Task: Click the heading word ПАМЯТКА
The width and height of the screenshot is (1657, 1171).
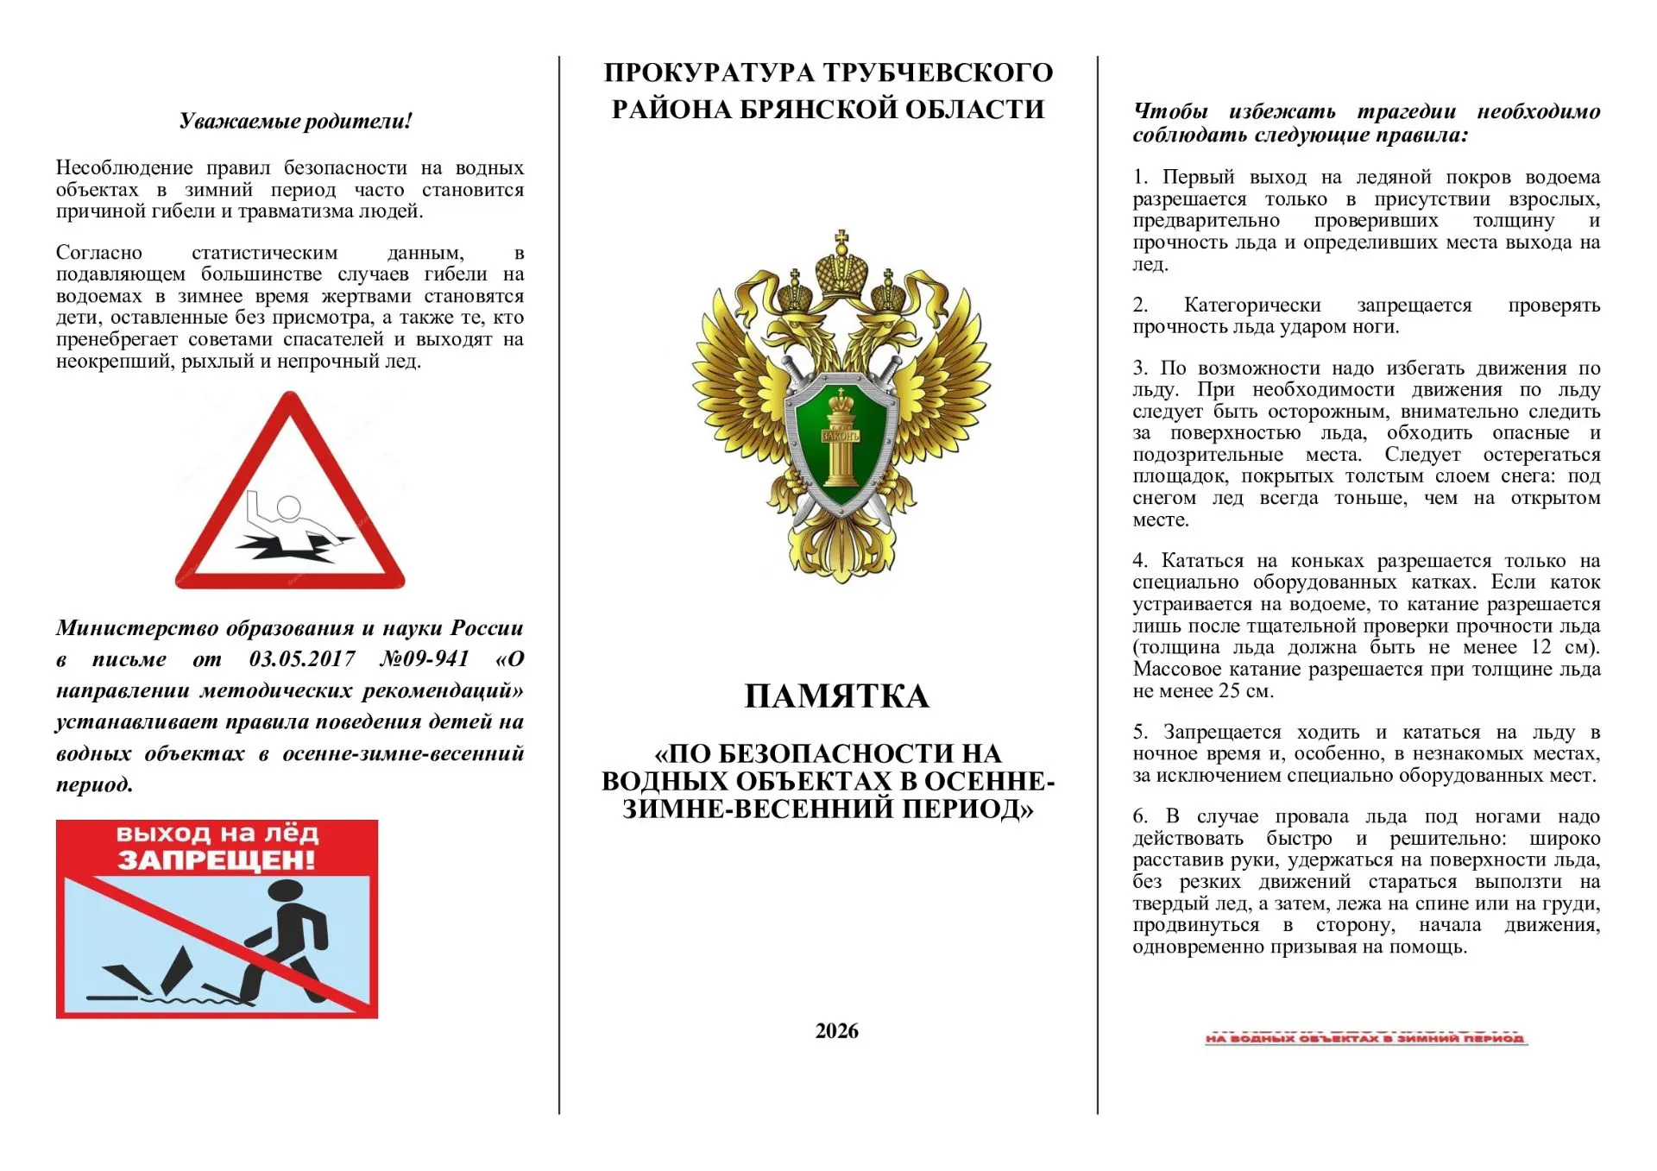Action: pyautogui.click(x=836, y=696)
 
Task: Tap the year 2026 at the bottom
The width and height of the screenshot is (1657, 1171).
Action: pyautogui.click(x=836, y=1030)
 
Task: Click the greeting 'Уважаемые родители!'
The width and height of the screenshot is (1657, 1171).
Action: pyautogui.click(x=295, y=121)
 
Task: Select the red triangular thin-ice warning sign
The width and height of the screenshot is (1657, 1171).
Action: pyautogui.click(x=290, y=496)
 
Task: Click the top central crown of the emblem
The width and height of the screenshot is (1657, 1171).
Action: pyautogui.click(x=841, y=260)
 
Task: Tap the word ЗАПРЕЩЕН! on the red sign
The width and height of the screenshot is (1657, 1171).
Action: pyautogui.click(x=217, y=859)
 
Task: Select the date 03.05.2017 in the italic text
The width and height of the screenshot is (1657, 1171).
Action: pyautogui.click(x=302, y=659)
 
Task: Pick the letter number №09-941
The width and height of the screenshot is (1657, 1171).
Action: pyautogui.click(x=424, y=659)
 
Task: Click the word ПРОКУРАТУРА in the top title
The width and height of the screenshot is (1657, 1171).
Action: pyautogui.click(x=708, y=72)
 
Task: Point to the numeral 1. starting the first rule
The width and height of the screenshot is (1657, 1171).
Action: pyautogui.click(x=1140, y=178)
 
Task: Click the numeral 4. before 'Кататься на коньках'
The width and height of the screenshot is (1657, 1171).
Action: pyautogui.click(x=1140, y=561)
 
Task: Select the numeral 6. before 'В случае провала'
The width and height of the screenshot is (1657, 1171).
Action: pyautogui.click(x=1140, y=816)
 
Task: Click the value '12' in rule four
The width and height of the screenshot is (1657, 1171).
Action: pyautogui.click(x=1540, y=647)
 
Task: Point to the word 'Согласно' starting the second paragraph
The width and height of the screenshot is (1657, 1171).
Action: pyautogui.click(x=99, y=253)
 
